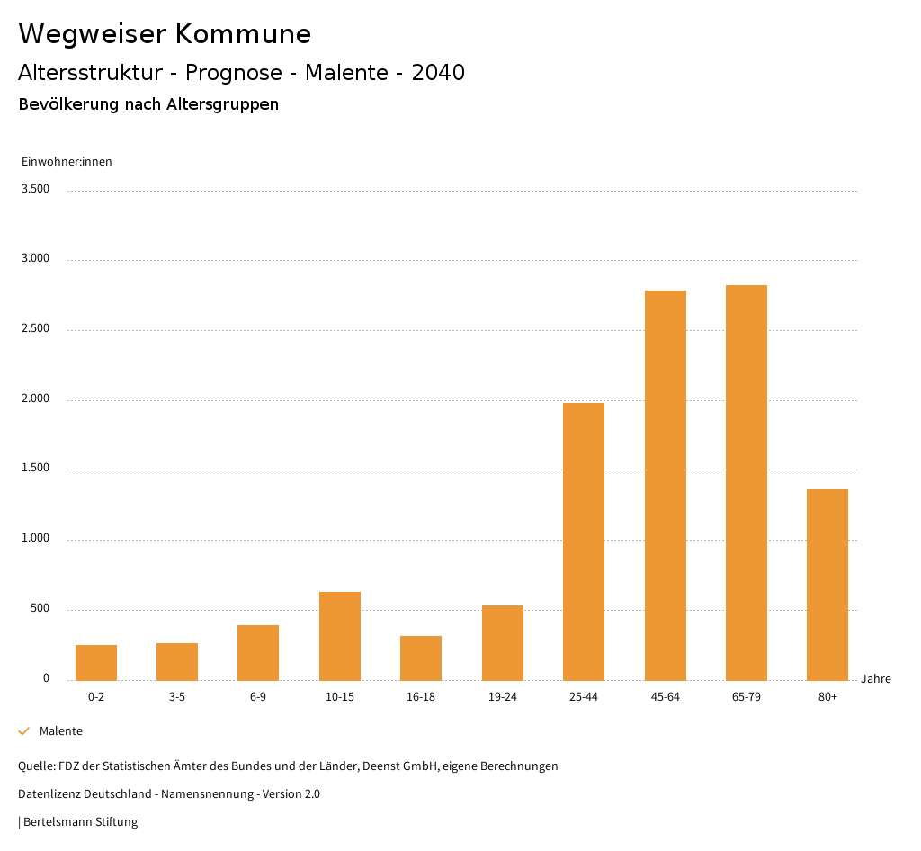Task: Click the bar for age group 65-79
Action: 746,482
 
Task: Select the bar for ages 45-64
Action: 665,485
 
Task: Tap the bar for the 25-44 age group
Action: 584,541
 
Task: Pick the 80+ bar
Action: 827,585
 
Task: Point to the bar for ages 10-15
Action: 340,636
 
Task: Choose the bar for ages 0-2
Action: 96,662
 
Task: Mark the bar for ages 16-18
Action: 421,658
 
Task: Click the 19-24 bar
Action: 502,642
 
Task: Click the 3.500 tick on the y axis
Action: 37,189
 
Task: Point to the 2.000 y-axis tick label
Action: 37,399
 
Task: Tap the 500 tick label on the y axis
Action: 40,609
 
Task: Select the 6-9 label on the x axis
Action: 258,697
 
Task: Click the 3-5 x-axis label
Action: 177,697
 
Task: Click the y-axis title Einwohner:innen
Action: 67,162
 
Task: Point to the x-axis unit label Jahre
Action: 875,679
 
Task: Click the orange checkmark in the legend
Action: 24,731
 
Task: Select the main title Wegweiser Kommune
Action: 165,34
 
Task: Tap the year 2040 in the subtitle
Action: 438,73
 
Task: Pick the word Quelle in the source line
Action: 35,766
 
